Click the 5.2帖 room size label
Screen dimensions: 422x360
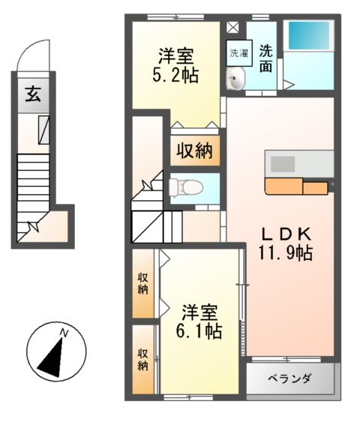pos(177,75)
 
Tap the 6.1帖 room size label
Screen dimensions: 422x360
pos(199,331)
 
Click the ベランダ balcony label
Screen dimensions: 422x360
pos(289,378)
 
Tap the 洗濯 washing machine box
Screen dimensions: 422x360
pos(237,53)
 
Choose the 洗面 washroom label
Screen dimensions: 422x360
pos(266,59)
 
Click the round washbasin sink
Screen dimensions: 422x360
pos(236,79)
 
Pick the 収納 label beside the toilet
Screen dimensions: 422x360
pos(194,151)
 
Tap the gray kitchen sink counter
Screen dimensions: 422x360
pos(300,163)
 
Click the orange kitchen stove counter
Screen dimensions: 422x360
pos(295,186)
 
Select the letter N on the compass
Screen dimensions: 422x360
pos(64,333)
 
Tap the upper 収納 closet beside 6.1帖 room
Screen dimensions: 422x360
pos(142,283)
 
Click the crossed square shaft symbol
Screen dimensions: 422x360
pos(232,28)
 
